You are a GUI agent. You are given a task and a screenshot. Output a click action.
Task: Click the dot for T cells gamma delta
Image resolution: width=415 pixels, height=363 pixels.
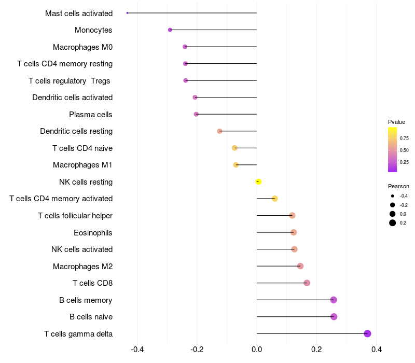367,333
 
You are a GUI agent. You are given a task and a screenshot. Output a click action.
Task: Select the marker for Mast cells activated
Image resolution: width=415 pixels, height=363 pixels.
127,13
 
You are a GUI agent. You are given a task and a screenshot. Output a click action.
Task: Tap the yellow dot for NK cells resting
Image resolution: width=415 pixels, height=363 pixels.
258,181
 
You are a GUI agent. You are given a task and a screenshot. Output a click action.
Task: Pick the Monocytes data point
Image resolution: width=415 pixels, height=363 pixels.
170,30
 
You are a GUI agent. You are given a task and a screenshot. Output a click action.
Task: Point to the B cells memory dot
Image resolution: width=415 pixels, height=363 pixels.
334,300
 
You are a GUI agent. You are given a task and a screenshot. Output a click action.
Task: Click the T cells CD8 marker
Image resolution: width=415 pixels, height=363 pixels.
307,283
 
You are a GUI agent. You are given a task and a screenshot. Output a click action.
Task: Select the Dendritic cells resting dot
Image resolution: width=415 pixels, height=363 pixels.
219,131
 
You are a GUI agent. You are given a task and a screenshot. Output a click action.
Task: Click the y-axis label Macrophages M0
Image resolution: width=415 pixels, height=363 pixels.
82,47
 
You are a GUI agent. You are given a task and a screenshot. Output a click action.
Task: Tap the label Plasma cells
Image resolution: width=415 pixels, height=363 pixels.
91,115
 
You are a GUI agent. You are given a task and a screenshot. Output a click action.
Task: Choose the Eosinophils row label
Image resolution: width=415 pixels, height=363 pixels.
93,232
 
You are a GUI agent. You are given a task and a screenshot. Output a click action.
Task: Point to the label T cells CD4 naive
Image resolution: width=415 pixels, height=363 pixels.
82,148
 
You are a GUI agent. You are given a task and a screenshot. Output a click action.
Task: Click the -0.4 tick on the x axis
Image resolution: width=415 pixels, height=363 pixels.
137,350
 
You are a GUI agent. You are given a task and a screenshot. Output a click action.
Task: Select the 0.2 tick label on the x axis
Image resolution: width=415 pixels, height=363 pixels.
316,350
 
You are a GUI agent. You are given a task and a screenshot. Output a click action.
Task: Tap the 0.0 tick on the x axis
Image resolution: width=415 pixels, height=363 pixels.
257,350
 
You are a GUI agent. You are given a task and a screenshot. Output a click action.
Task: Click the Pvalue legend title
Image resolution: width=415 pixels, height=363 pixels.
396,122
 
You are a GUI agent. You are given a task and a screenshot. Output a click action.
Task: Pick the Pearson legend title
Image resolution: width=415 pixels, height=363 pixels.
398,186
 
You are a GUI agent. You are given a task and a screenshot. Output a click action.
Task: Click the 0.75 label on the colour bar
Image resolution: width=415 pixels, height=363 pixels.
404,138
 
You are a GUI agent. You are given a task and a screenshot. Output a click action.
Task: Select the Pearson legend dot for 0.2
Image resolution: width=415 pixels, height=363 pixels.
393,223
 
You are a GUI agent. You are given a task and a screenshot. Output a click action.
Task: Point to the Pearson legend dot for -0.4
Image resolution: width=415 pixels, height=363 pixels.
393,196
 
